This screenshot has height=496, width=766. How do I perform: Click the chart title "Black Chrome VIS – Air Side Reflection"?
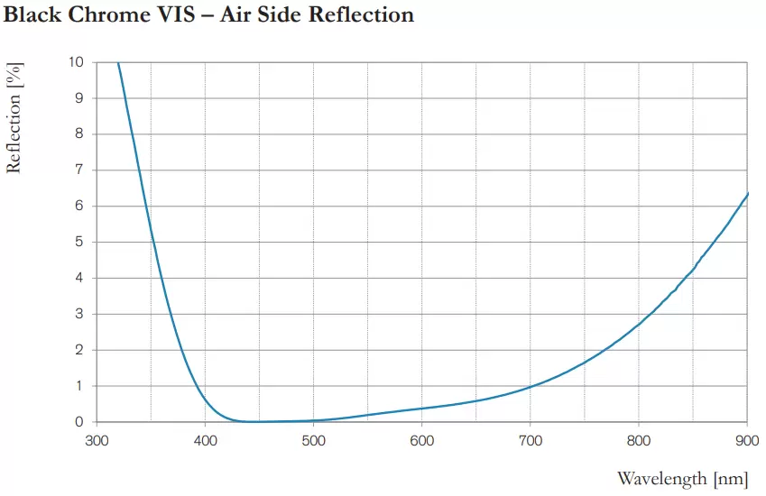[208, 15]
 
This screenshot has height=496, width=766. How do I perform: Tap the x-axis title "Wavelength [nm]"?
[682, 478]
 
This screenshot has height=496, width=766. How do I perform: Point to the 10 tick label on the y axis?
[76, 62]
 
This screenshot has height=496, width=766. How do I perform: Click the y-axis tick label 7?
[79, 170]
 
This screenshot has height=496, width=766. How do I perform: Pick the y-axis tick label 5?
[79, 242]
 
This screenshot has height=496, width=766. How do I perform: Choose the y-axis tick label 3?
[79, 314]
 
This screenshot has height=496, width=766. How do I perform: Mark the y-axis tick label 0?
[79, 422]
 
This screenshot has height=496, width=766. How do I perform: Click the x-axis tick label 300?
[97, 441]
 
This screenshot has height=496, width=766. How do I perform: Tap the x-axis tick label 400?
[205, 441]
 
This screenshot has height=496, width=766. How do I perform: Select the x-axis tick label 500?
[313, 441]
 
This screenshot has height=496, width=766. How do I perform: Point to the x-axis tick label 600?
[421, 441]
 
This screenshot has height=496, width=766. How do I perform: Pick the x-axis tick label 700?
[530, 441]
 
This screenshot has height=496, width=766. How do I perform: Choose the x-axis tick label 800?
[638, 441]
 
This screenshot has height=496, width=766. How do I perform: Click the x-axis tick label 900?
[746, 441]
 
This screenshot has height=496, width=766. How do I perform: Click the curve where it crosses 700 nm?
[531, 387]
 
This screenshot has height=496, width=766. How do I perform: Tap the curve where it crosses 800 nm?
[639, 323]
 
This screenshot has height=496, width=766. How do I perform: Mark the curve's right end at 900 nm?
[747, 194]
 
